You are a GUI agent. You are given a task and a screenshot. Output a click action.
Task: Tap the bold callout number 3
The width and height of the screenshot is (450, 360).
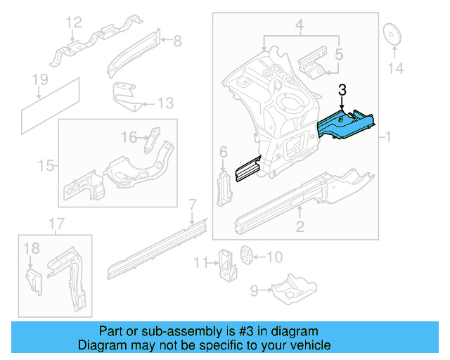[x=342, y=89]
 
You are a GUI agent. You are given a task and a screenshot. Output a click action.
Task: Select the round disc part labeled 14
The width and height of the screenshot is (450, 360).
[x=391, y=34]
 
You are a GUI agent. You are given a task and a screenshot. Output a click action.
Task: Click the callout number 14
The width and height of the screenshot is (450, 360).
[x=397, y=68]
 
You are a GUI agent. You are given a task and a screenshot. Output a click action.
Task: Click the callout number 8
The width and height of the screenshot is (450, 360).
[x=177, y=41]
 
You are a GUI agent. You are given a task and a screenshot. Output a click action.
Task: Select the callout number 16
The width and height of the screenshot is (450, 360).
[x=128, y=136]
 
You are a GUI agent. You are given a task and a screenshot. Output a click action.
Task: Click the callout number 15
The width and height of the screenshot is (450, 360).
[x=46, y=166]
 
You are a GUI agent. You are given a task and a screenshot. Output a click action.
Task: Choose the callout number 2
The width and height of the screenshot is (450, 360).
[x=300, y=225]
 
